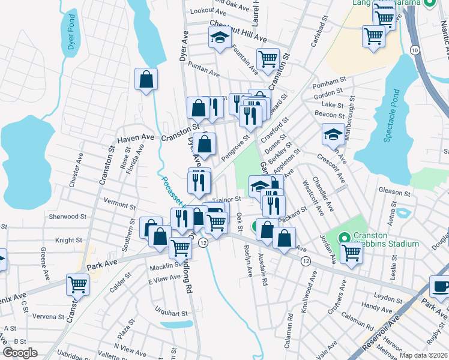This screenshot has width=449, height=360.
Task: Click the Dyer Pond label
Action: [x=71, y=34]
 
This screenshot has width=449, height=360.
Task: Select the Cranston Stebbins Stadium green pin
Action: [x=345, y=237]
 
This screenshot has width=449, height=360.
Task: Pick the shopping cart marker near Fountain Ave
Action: [x=268, y=59]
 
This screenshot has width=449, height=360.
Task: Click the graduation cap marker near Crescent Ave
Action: [x=333, y=134]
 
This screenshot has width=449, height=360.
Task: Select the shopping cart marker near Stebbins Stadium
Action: [x=351, y=252]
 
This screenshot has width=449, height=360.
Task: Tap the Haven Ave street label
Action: [x=132, y=139]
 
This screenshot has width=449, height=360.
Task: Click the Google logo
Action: [x=20, y=353]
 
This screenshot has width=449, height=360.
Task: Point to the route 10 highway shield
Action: [x=415, y=50]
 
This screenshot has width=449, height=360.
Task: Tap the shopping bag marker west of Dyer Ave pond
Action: [x=146, y=79]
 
